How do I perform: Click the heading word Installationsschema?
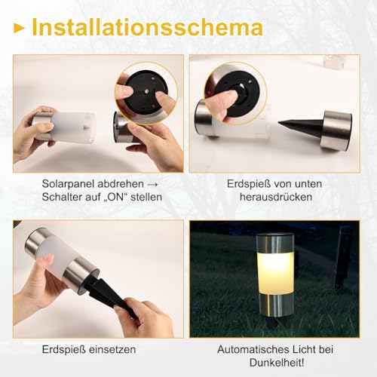(148, 28)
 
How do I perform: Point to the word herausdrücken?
(270, 198)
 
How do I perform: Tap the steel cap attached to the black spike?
(335, 130)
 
